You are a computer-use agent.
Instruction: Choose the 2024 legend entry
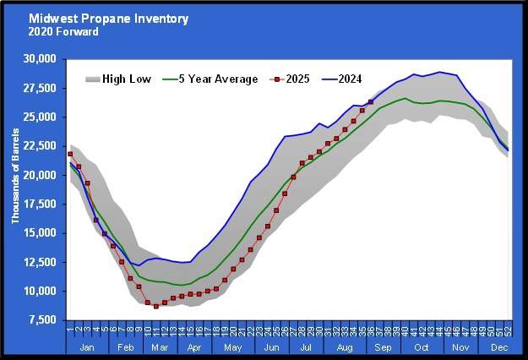click(x=349, y=79)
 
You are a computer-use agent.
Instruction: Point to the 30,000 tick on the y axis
click(x=41, y=59)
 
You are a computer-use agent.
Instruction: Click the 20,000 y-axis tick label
click(x=41, y=175)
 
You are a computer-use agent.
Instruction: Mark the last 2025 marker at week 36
click(x=371, y=102)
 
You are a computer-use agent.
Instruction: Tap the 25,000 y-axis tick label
click(x=41, y=117)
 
